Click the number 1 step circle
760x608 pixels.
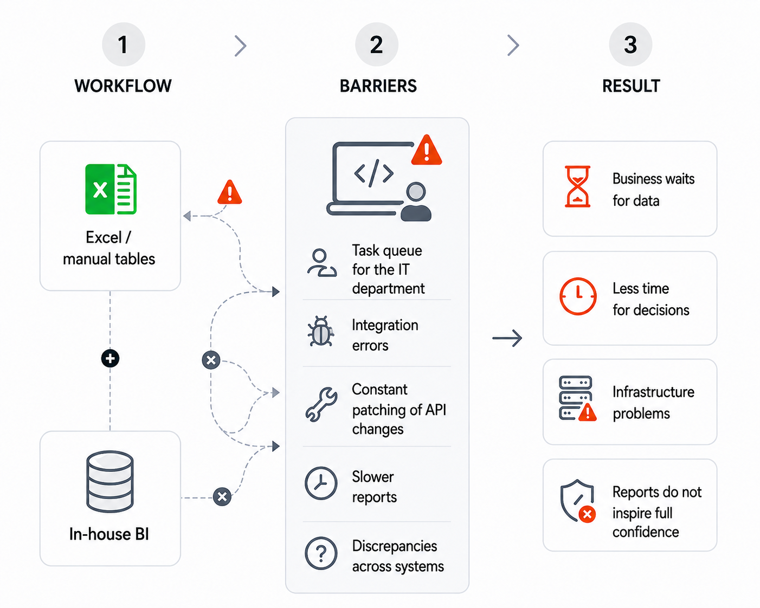pyautogui.click(x=123, y=44)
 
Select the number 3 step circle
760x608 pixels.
pyautogui.click(x=630, y=44)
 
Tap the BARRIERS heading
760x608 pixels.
pyautogui.click(x=378, y=86)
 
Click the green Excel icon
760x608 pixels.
pyautogui.click(x=111, y=189)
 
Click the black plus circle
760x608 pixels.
pyautogui.click(x=110, y=358)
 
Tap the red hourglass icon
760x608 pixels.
pyautogui.click(x=577, y=186)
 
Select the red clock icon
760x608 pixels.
pyautogui.click(x=578, y=296)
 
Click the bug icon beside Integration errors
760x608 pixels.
pyautogui.click(x=321, y=331)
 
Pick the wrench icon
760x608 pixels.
pyautogui.click(x=321, y=405)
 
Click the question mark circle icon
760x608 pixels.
pyautogui.click(x=321, y=553)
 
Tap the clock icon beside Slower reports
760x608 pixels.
pyautogui.click(x=321, y=483)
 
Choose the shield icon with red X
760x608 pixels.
pyautogui.click(x=578, y=501)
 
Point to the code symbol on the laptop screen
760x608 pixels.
pyautogui.click(x=373, y=173)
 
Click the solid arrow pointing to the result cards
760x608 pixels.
pyautogui.click(x=507, y=338)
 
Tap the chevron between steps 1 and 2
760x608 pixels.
pyautogui.click(x=241, y=46)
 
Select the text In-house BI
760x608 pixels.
pyautogui.click(x=109, y=534)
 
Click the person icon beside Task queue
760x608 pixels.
pyautogui.click(x=321, y=263)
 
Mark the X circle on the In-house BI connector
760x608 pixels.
pyautogui.click(x=222, y=497)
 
